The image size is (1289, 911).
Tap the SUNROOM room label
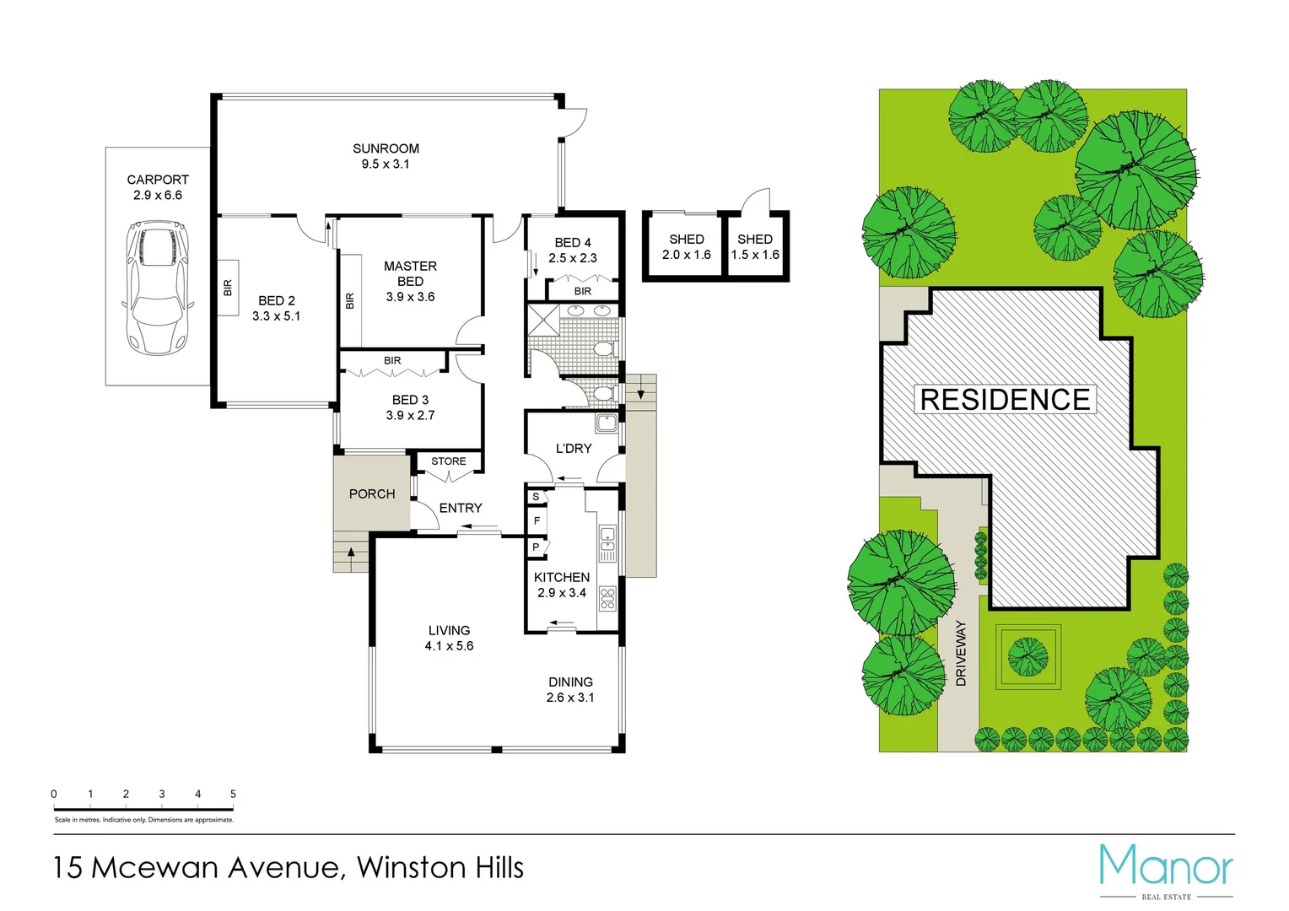(x=386, y=148)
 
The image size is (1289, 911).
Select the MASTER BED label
(x=410, y=273)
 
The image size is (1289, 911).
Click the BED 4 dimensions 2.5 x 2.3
(x=572, y=258)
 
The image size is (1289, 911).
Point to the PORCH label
(x=372, y=494)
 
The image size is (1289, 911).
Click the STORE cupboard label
(x=448, y=461)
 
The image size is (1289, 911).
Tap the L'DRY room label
(x=574, y=449)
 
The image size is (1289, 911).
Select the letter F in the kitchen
(x=537, y=521)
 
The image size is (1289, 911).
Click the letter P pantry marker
(x=536, y=547)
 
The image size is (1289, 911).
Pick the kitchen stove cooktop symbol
(x=607, y=599)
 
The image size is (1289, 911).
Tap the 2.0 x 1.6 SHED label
(x=686, y=255)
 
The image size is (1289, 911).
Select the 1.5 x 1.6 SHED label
(x=755, y=255)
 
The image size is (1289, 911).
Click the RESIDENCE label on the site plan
(x=1005, y=400)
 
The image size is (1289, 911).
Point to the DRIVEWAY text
(x=961, y=654)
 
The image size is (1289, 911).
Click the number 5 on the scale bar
(x=233, y=794)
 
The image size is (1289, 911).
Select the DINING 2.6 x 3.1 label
(x=570, y=690)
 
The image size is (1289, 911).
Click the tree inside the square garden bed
(x=1027, y=656)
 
